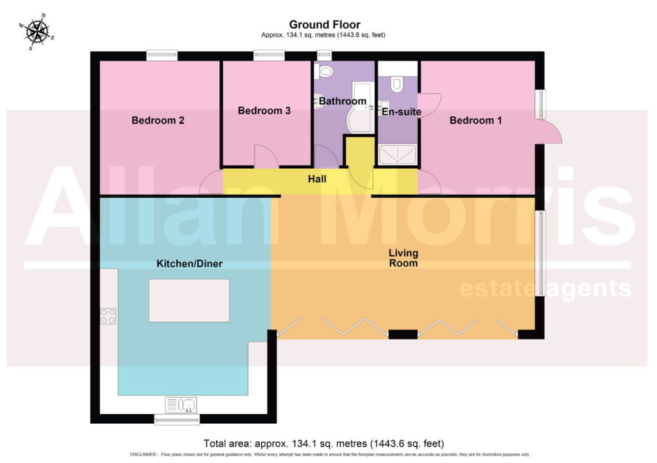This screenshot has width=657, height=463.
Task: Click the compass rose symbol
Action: pyautogui.click(x=37, y=31)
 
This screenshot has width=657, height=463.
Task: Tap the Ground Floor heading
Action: pyautogui.click(x=325, y=25)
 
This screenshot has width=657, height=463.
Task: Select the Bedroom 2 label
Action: pyautogui.click(x=158, y=120)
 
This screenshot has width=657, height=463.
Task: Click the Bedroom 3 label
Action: pyautogui.click(x=264, y=110)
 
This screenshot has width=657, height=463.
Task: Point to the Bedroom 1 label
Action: pyautogui.click(x=475, y=120)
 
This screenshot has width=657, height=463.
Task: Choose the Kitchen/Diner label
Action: pyautogui.click(x=189, y=263)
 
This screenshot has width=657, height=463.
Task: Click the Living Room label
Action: pyautogui.click(x=404, y=258)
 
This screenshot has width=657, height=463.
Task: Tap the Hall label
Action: pyautogui.click(x=317, y=179)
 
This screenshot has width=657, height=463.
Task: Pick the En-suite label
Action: pyautogui.click(x=402, y=112)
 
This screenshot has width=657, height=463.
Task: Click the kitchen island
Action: pyautogui.click(x=189, y=301)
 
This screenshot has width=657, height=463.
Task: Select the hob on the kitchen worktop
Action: pyautogui.click(x=108, y=316)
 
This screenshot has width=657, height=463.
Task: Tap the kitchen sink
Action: pyautogui.click(x=181, y=405)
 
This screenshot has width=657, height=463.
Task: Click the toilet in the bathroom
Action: pyautogui.click(x=324, y=71)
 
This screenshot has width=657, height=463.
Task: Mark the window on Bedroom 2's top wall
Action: pyautogui.click(x=162, y=56)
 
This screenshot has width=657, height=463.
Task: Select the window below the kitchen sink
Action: pyautogui.click(x=177, y=419)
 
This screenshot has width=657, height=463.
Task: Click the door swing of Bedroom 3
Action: pyautogui.click(x=266, y=156)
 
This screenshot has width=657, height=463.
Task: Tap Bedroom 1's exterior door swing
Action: pyautogui.click(x=549, y=132)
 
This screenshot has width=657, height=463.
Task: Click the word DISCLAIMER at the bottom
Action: pyautogui.click(x=143, y=454)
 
